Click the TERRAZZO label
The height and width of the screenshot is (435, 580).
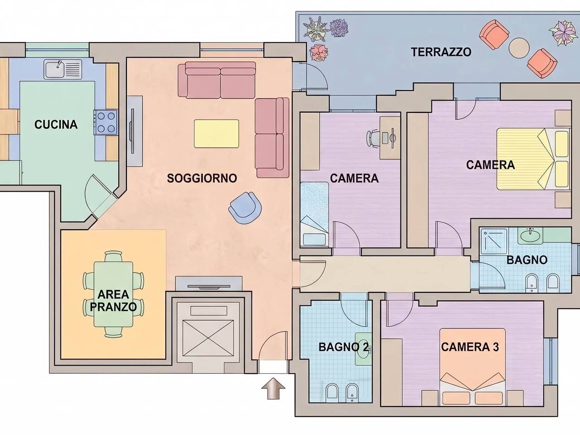pos(441,52)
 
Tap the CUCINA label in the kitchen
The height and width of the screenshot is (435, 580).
pos(56,125)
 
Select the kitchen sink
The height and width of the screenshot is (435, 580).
pos(63,69)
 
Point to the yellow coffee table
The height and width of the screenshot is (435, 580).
pos(217,134)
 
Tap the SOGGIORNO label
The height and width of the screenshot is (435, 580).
pos(202,178)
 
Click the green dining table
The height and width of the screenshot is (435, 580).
pos(114,294)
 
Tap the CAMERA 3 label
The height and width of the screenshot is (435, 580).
pos(470,347)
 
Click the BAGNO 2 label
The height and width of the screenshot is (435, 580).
pos(343,347)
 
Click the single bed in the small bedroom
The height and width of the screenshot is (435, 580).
pos(314,214)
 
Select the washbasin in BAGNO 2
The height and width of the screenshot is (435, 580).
pos(363,348)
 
